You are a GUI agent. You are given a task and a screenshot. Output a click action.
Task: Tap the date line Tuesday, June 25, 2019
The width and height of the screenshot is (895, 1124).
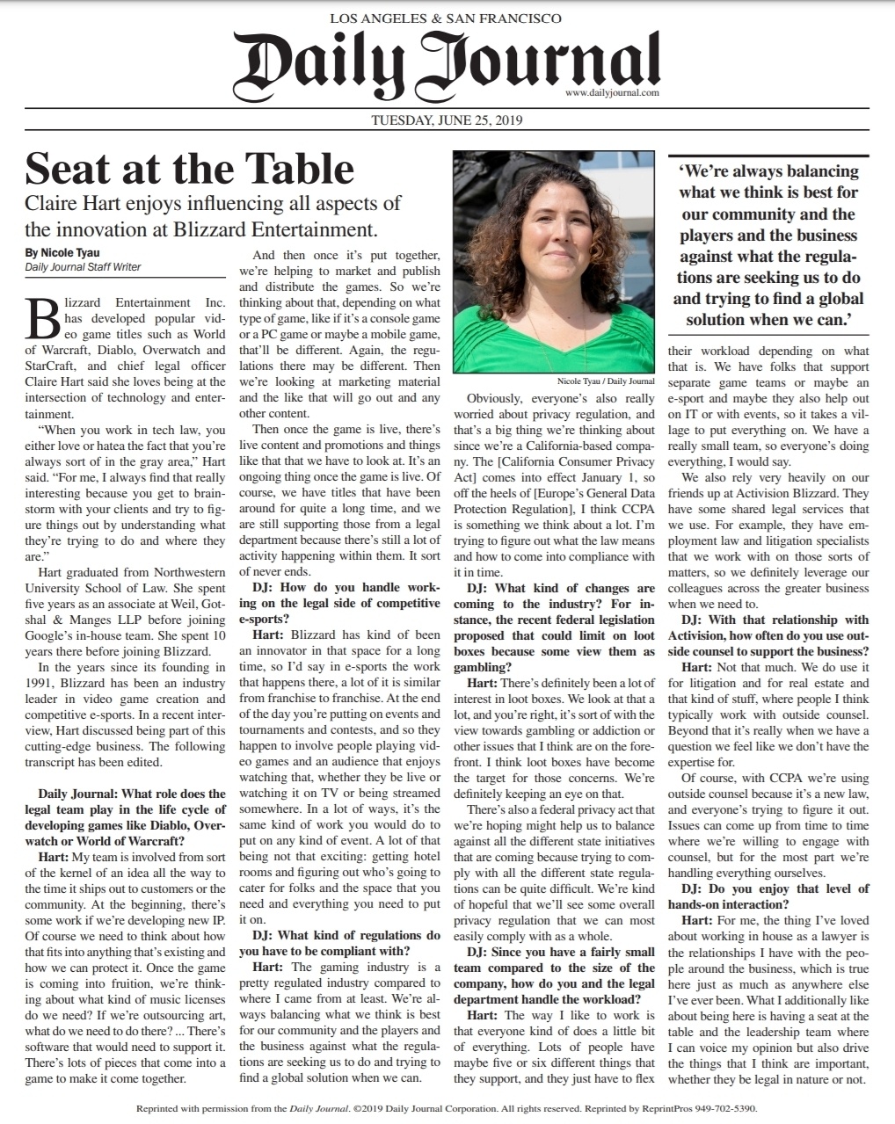(447, 120)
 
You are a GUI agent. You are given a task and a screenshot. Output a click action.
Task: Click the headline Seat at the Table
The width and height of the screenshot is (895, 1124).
(190, 168)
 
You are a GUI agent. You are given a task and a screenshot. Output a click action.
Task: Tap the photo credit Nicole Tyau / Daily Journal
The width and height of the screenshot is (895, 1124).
(606, 381)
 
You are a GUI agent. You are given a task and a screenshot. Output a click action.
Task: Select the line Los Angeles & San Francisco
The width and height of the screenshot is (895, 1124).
(446, 18)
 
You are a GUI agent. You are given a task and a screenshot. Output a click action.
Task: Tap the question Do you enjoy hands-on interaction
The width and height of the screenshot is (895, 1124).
(768, 896)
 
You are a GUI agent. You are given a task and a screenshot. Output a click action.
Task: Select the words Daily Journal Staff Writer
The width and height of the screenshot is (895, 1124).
(84, 267)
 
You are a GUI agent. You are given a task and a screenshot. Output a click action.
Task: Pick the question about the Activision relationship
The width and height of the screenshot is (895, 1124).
(768, 635)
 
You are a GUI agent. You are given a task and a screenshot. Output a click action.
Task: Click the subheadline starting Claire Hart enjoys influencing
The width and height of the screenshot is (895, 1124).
(213, 216)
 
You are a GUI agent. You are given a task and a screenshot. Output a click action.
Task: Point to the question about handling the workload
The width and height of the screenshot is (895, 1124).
(554, 975)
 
